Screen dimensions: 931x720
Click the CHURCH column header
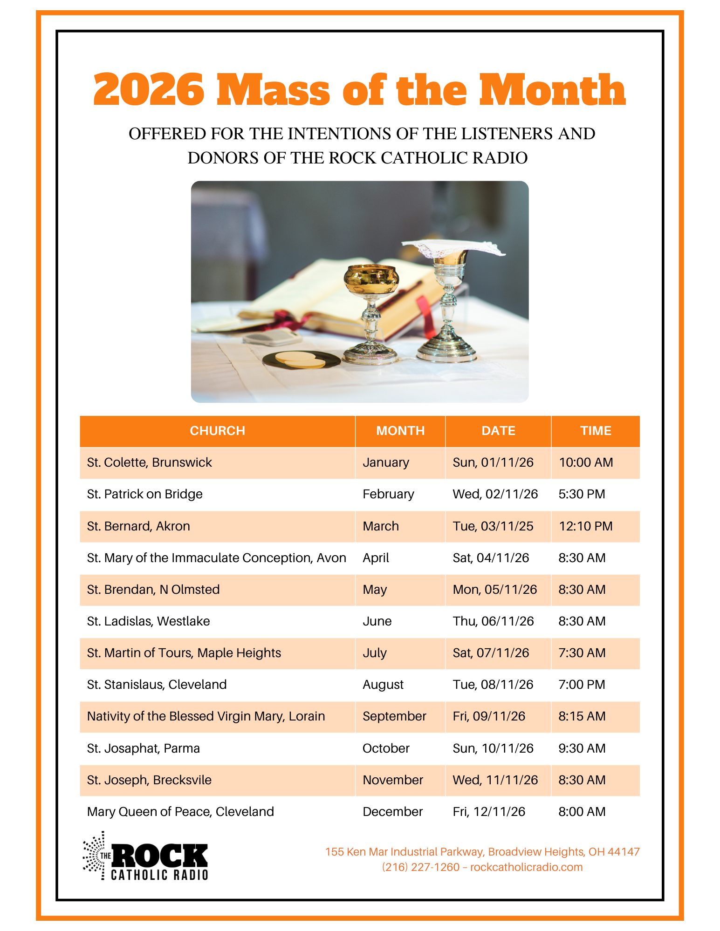pyautogui.click(x=217, y=431)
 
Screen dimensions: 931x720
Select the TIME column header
pyautogui.click(x=595, y=431)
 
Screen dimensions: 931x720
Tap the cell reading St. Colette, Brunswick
pyautogui.click(x=149, y=462)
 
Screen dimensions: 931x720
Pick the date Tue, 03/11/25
pyautogui.click(x=493, y=526)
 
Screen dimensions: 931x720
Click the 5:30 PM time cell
pyautogui.click(x=581, y=494)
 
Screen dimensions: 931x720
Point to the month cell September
pyautogui.click(x=394, y=716)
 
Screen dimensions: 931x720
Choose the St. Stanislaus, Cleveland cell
pyautogui.click(x=157, y=685)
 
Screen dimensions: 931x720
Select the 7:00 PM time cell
pyautogui.click(x=581, y=685)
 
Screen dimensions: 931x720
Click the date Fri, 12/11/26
pyautogui.click(x=488, y=812)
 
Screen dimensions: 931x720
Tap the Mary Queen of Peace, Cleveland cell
pyautogui.click(x=180, y=812)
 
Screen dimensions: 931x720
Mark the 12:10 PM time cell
pyautogui.click(x=585, y=526)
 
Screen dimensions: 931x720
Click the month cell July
pyautogui.click(x=375, y=653)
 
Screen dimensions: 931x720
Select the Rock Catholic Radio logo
pyautogui.click(x=145, y=856)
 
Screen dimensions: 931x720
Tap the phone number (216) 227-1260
pyautogui.click(x=420, y=867)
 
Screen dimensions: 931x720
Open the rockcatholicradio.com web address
pyautogui.click(x=526, y=867)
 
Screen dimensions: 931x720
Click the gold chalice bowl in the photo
pyautogui.click(x=371, y=278)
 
